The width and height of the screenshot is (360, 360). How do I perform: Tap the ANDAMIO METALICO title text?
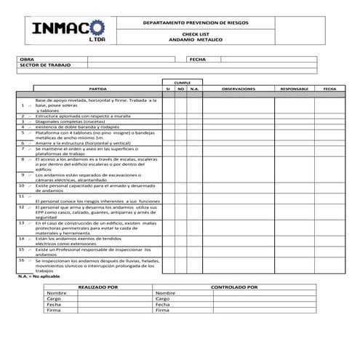tap(194, 39)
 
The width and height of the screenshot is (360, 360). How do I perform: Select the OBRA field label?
tap(27, 60)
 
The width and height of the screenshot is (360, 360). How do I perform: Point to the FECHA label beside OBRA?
tap(198, 60)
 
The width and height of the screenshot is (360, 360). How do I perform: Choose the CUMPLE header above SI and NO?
tap(181, 83)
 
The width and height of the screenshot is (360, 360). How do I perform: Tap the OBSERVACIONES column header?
tap(239, 89)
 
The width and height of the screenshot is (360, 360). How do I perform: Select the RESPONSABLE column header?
tap(295, 89)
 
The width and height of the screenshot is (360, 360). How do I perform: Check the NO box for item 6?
tap(181, 143)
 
